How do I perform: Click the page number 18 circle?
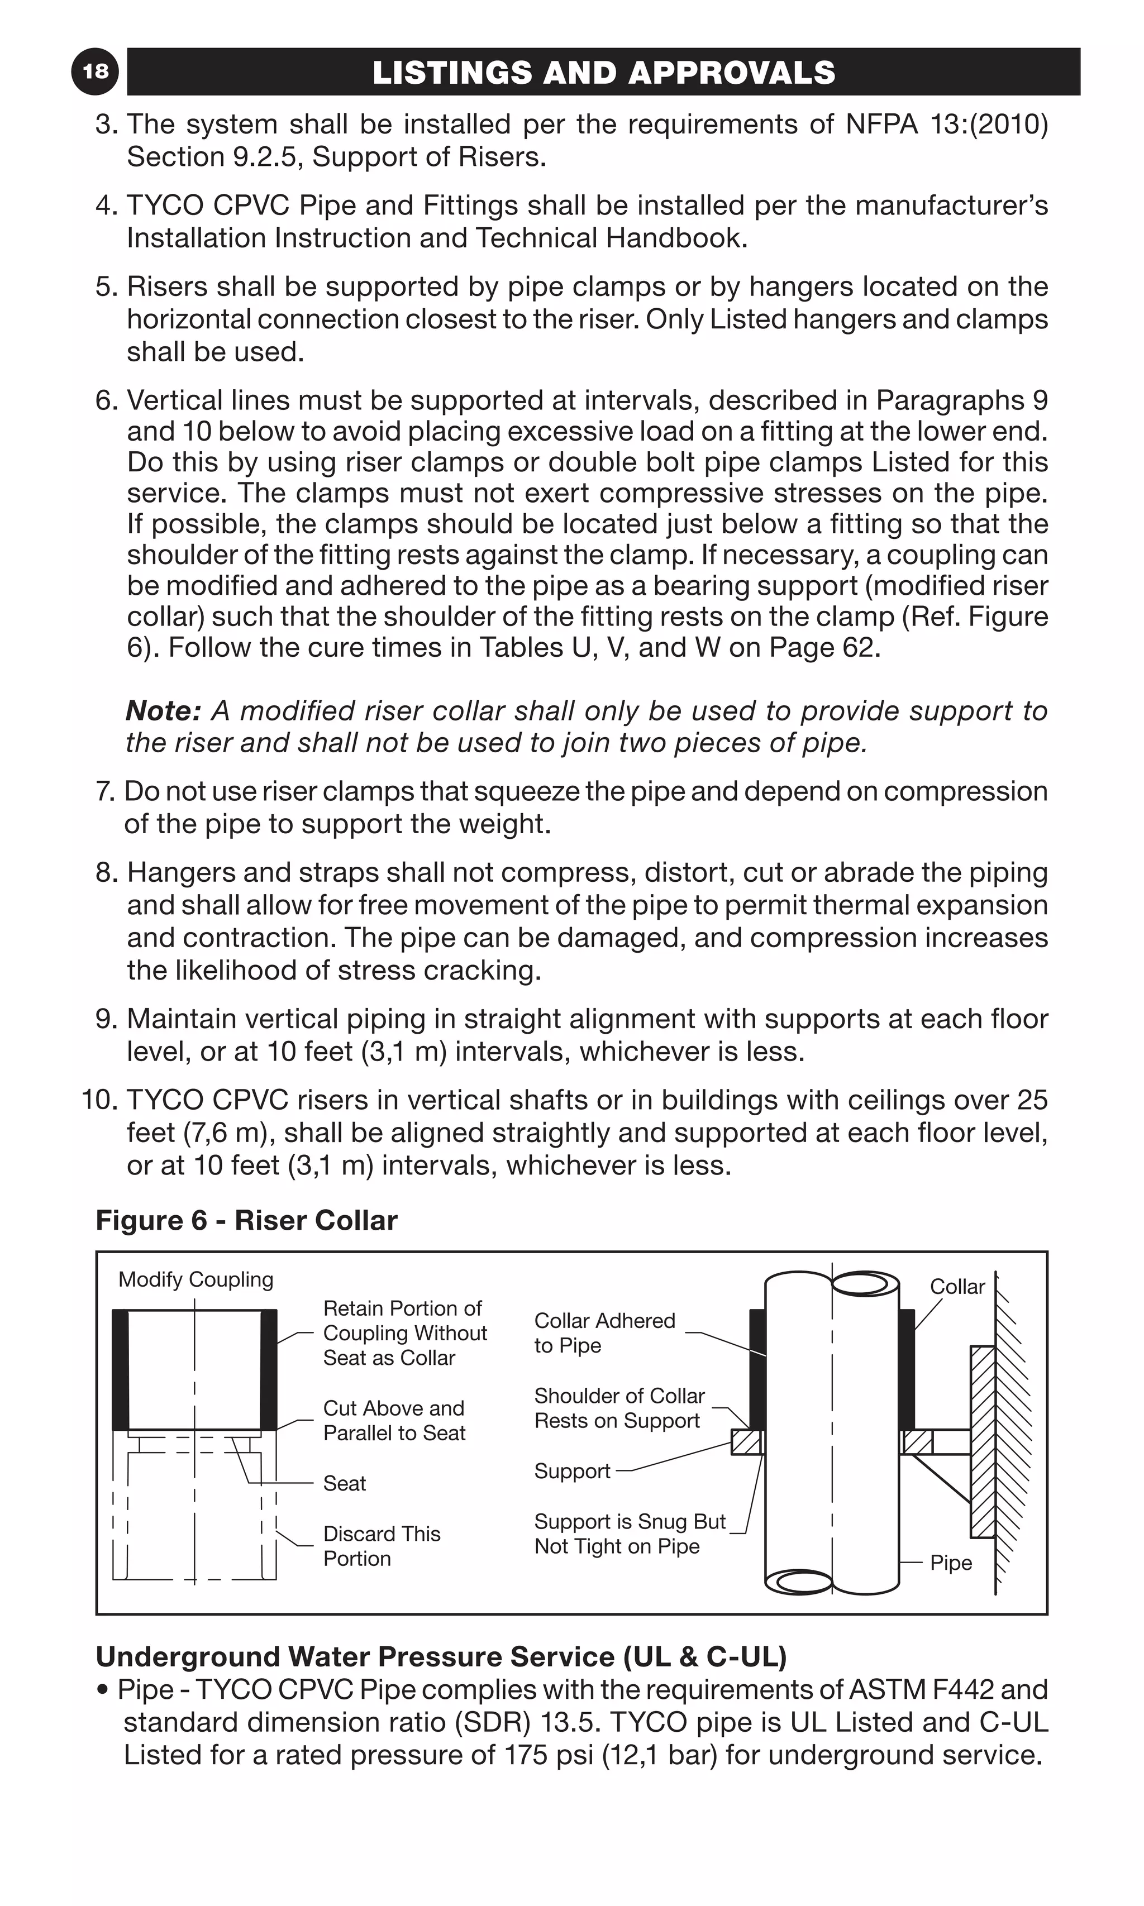[96, 71]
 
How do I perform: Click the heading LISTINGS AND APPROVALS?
[604, 73]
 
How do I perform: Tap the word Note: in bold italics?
[163, 710]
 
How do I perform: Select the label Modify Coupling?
[196, 1279]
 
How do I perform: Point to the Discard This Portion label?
[382, 1545]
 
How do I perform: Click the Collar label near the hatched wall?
[957, 1286]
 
